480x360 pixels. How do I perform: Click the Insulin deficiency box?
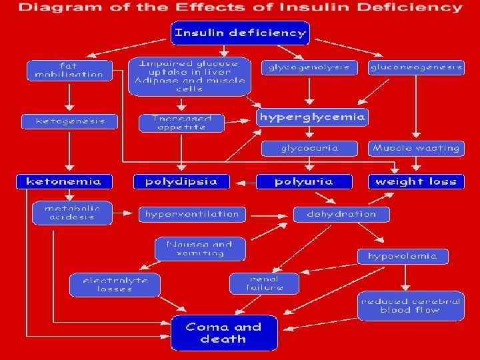tap(240, 33)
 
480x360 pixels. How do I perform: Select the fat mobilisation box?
tap(69, 70)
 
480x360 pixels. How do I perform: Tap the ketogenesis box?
tap(69, 121)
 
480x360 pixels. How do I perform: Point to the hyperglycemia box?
tap(312, 118)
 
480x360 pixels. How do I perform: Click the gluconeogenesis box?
tap(415, 67)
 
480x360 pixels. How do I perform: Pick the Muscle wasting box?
tap(415, 148)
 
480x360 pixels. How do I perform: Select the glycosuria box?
tap(309, 148)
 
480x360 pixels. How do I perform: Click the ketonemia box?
tap(64, 181)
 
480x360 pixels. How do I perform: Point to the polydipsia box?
tap(181, 181)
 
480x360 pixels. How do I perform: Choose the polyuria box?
tap(304, 181)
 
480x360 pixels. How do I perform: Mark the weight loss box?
tap(415, 181)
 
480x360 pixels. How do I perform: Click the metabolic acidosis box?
tap(73, 213)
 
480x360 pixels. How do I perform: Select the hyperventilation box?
tap(192, 214)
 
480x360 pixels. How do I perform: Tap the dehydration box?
tap(341, 214)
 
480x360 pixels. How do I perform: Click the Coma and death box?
tap(223, 333)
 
